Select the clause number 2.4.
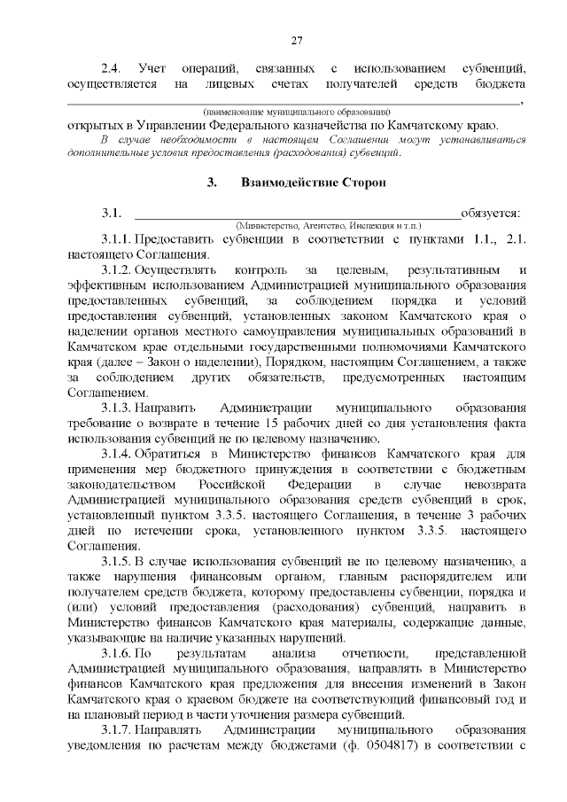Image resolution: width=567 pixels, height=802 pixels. pos(111,68)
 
